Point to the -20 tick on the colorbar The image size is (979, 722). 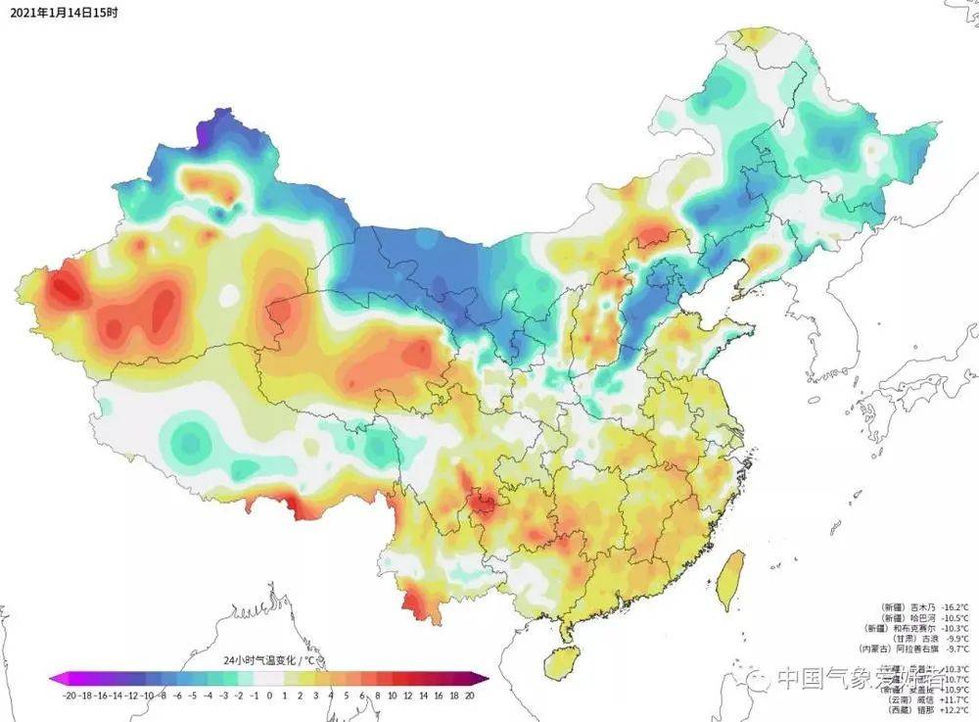(70, 694)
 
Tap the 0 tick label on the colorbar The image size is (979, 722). (270, 694)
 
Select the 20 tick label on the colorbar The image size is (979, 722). (470, 694)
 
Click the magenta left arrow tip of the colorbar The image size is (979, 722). (55, 677)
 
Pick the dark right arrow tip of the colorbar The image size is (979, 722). (483, 677)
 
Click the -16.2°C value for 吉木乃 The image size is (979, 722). (954, 606)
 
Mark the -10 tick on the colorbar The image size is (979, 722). (147, 694)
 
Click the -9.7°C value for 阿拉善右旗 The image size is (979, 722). (955, 649)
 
